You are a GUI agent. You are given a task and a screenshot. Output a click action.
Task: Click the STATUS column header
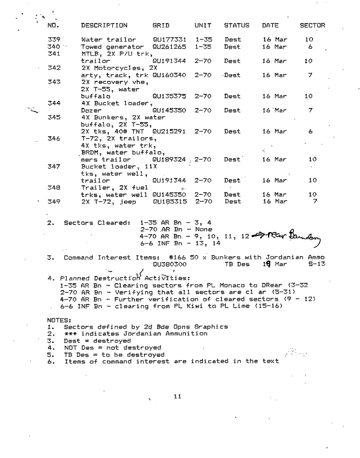click(x=236, y=25)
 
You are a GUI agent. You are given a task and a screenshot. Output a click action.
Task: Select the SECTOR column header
click(x=313, y=25)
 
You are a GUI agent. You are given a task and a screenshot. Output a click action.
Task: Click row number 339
click(x=54, y=40)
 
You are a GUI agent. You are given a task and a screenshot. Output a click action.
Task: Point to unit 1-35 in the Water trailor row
click(x=204, y=40)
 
